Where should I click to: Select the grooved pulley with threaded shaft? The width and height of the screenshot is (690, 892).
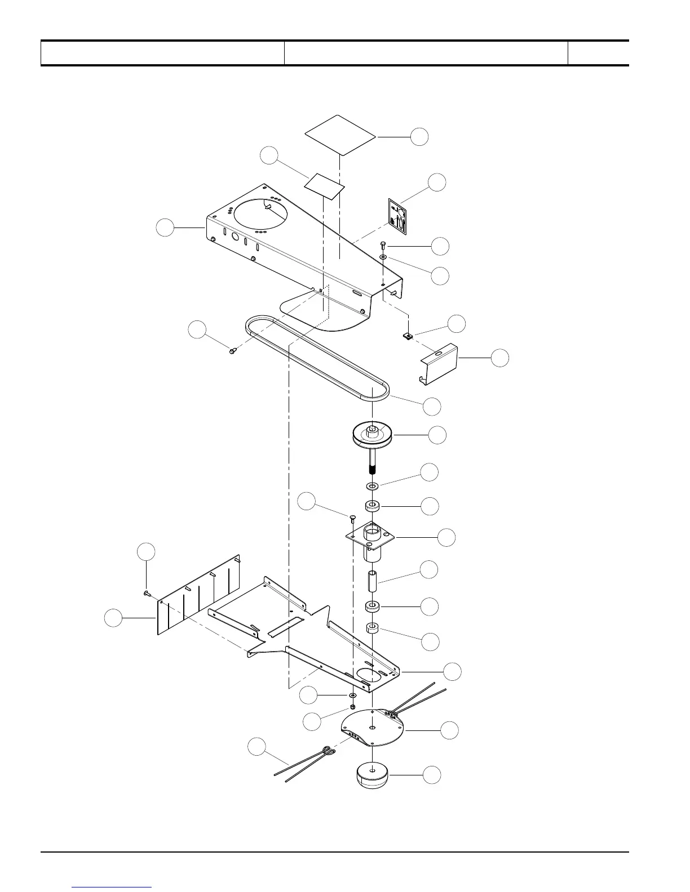click(x=372, y=437)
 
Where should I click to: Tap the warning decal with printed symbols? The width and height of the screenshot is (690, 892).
click(x=397, y=216)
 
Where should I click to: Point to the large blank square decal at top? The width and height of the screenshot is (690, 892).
click(x=340, y=135)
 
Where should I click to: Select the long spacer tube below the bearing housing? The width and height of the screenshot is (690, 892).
click(x=372, y=580)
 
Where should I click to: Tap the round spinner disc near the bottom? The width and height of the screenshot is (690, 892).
click(x=372, y=729)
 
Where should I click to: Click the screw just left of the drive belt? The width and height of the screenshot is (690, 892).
click(x=233, y=350)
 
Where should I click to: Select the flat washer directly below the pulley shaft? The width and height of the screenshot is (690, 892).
click(x=372, y=485)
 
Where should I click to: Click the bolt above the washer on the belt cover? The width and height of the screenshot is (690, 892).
click(x=383, y=245)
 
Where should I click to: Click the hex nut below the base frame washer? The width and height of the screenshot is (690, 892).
click(x=353, y=707)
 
